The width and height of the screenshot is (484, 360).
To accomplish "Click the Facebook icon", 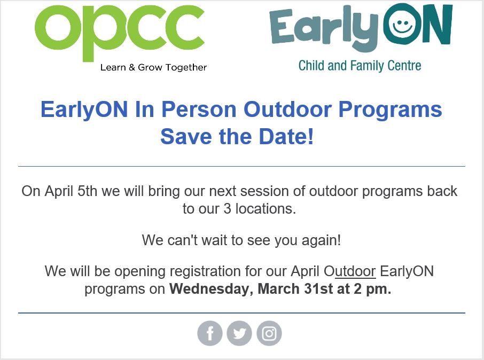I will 210,334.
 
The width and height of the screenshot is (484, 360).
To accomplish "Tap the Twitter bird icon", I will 239,334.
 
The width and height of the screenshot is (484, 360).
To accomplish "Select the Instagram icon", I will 269,334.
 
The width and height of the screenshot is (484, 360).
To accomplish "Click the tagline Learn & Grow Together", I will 153,67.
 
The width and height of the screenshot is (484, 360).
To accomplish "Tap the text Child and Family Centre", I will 360,66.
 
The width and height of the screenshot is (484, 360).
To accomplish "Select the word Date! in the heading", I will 287,137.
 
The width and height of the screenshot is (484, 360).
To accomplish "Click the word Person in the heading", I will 199,110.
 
